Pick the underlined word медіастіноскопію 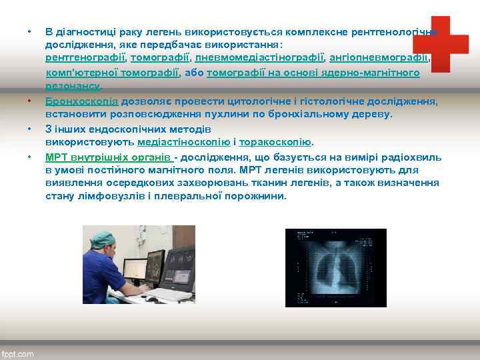pyautogui.click(x=184, y=142)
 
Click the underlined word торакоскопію pyautogui.click(x=275, y=142)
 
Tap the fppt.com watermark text pyautogui.click(x=18, y=354)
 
